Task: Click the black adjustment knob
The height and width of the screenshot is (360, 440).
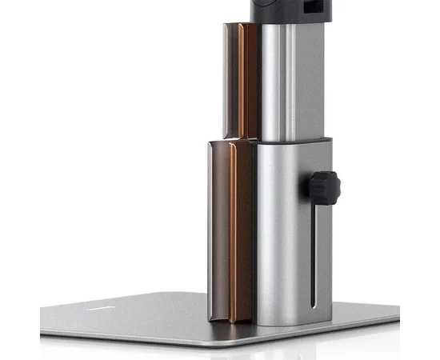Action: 322,188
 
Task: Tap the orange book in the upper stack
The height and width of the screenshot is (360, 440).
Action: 249,80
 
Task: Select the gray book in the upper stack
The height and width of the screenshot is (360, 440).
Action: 232,80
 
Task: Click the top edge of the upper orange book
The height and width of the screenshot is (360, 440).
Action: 249,25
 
